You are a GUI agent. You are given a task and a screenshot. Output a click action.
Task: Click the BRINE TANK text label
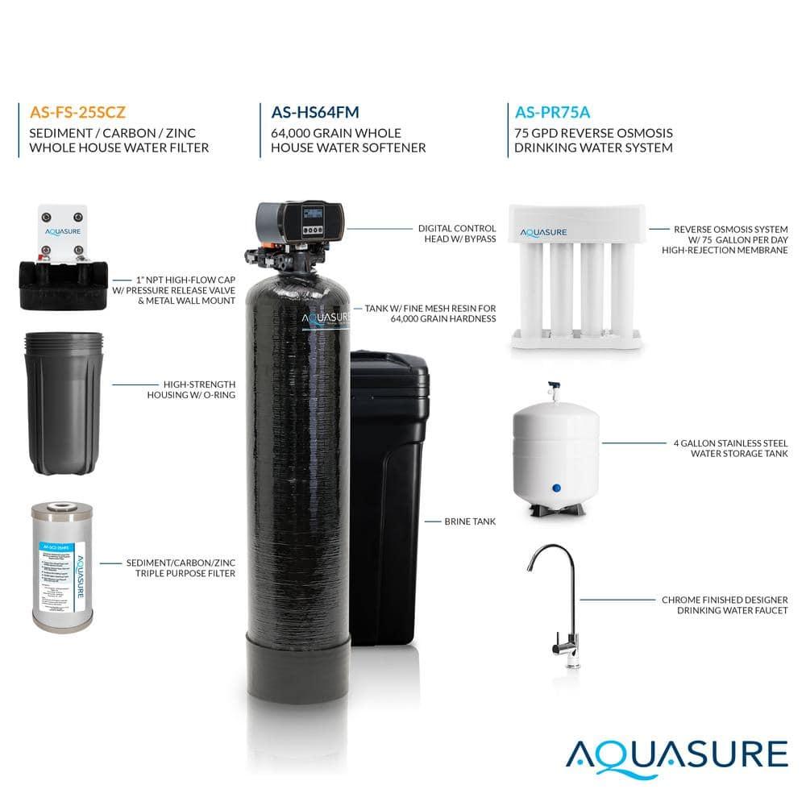470,521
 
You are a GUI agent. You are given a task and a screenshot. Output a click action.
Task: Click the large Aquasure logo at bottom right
675,754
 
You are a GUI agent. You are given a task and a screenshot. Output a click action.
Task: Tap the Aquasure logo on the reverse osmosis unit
544,232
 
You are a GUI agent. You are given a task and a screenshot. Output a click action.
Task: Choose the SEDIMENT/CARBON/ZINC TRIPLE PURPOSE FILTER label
181,568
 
